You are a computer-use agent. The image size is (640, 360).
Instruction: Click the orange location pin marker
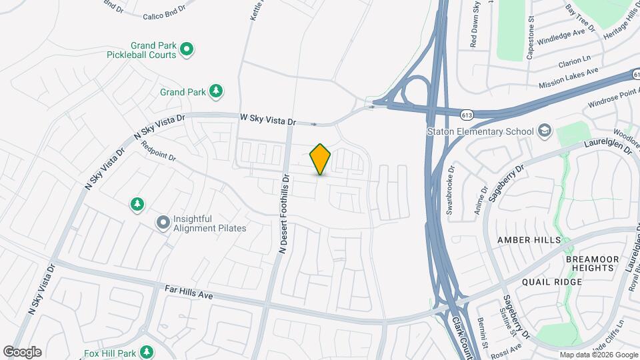(320, 159)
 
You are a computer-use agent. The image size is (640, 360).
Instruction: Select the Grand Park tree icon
(215, 91)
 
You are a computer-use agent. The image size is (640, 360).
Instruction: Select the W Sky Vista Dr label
(267, 119)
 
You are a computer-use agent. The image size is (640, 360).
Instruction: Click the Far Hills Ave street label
(189, 292)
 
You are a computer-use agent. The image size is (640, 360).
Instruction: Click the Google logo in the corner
(22, 352)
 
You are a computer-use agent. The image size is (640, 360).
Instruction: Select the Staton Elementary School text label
(481, 131)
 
